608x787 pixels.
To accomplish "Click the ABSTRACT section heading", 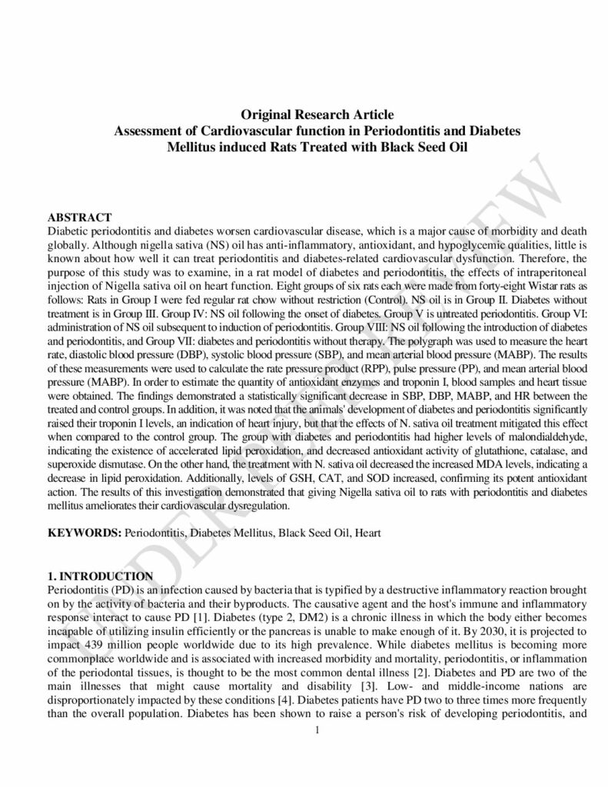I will (x=80, y=218).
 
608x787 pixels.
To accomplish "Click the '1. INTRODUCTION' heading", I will (x=100, y=576).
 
